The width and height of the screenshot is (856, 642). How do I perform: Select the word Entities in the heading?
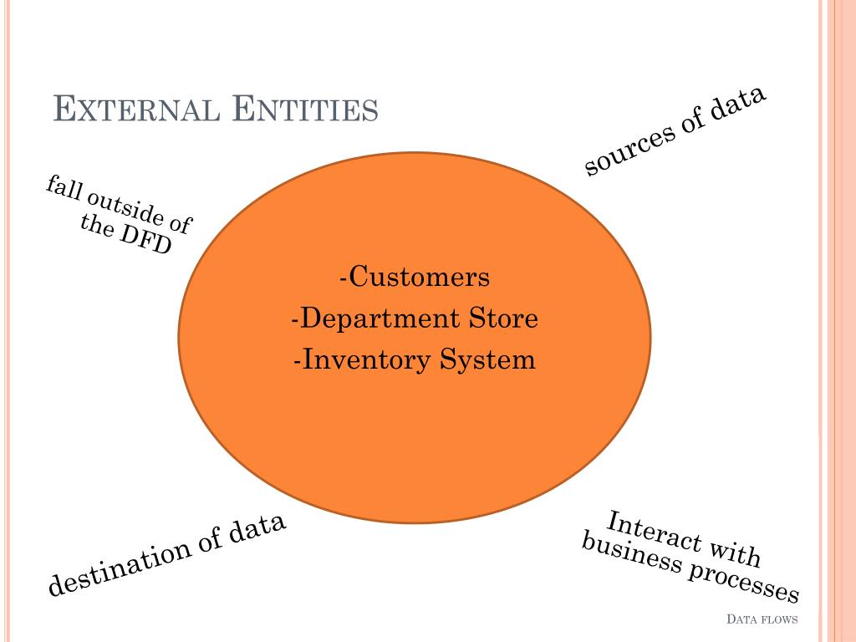pos(304,110)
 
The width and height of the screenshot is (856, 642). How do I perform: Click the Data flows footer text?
pos(762,619)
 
